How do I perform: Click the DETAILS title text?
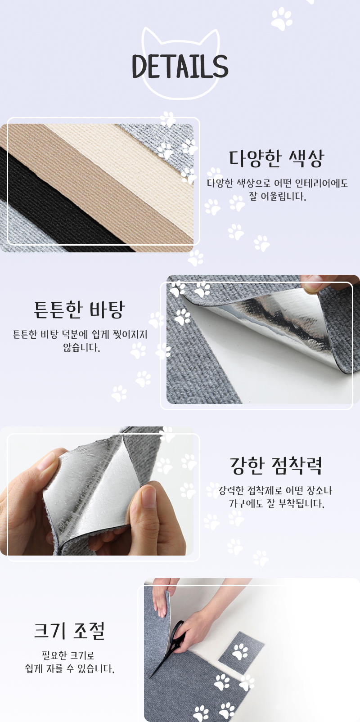coord(180,66)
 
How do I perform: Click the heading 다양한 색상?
coord(276,158)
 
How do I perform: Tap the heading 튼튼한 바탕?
coord(79,309)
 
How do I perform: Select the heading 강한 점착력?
coord(276,466)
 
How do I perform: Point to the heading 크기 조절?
coord(69,631)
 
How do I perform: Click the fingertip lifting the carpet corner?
coord(311,284)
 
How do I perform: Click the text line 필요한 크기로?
coord(68,655)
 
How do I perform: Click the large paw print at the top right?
coord(281,19)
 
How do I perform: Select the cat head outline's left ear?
coord(150,36)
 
